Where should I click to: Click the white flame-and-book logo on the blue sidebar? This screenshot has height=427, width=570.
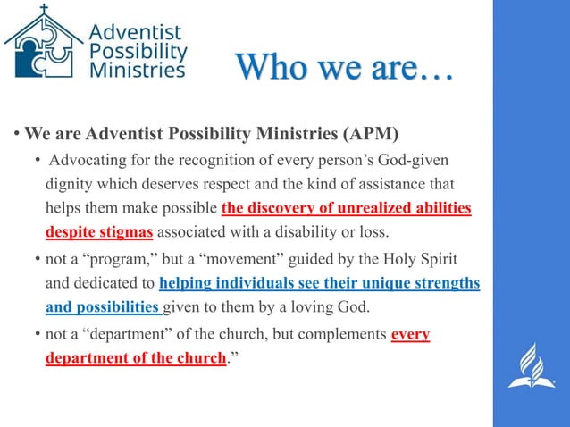532,366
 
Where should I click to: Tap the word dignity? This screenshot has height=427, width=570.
71,184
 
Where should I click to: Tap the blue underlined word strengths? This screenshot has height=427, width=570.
443,283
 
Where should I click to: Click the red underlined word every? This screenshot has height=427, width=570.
411,334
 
